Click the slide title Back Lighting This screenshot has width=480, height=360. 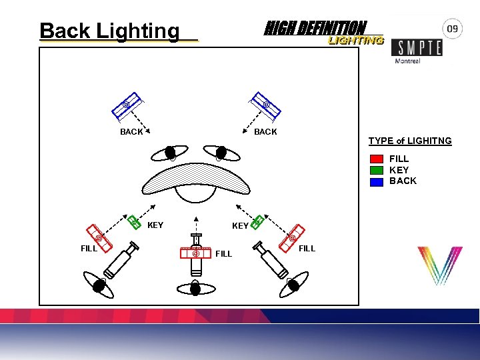[x=109, y=31]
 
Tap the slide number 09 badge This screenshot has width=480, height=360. [x=453, y=29]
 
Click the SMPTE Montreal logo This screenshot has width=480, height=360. [x=416, y=50]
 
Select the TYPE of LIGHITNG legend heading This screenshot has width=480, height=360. [x=410, y=141]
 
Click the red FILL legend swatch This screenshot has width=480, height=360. [x=377, y=159]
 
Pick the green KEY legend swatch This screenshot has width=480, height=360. [x=377, y=170]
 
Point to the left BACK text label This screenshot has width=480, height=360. [x=131, y=132]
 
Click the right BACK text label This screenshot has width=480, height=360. [x=265, y=132]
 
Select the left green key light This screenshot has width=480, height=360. [x=134, y=221]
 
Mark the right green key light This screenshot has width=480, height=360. [x=257, y=221]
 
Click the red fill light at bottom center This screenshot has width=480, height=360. [x=196, y=253]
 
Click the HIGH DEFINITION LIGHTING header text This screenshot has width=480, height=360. [x=323, y=32]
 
